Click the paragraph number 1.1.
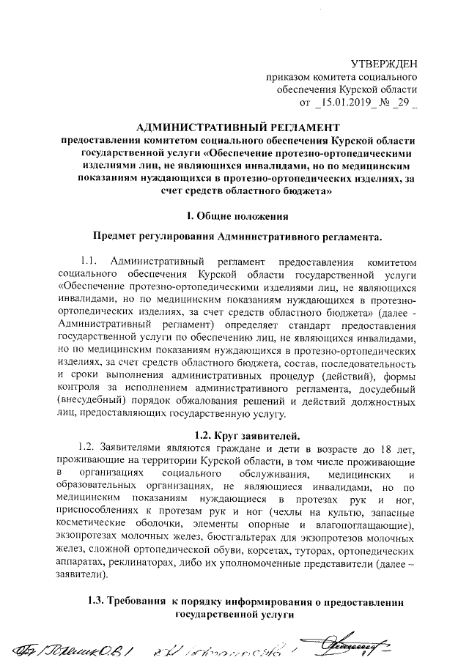pos(89,262)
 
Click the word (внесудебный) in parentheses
pos(94,402)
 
